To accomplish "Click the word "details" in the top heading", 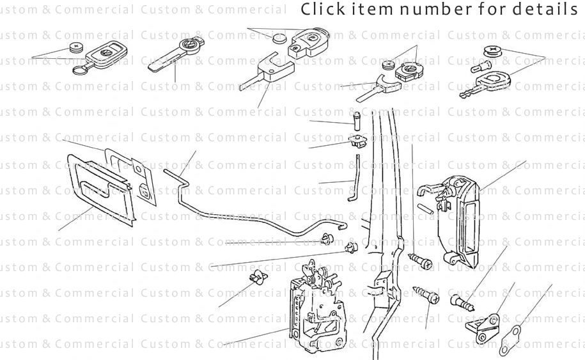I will (x=550, y=10).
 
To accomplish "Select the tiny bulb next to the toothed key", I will (x=478, y=65).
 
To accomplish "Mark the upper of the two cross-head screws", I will (x=419, y=260).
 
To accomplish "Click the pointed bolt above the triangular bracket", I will (x=464, y=300).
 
